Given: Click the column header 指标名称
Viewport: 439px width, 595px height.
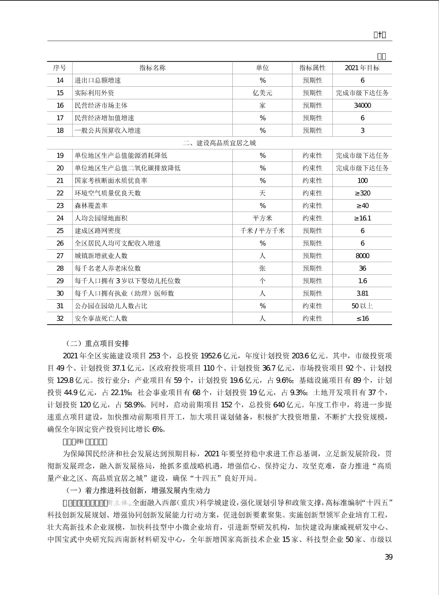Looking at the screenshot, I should tap(152, 68).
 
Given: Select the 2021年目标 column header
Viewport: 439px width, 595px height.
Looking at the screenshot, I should tap(362, 68).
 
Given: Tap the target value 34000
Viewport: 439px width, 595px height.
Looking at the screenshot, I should tap(362, 106).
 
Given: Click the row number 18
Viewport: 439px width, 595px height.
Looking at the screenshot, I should tap(60, 131).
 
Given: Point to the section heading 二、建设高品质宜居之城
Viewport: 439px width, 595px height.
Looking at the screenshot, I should tap(219, 143).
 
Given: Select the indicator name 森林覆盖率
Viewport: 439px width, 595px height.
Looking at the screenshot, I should tap(91, 206).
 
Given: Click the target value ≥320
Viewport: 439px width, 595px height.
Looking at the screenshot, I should tap(362, 193).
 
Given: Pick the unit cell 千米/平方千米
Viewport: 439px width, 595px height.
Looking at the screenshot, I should tap(262, 231).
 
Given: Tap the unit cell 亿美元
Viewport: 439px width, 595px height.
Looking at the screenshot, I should tap(262, 93).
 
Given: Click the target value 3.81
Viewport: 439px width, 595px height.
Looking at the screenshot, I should tap(362, 294).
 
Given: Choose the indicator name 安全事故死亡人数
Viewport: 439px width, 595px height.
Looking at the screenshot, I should tap(101, 319).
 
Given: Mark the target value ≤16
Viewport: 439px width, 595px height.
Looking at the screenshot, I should tap(362, 319).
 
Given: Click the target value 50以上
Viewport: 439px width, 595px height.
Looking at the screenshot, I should tap(362, 306).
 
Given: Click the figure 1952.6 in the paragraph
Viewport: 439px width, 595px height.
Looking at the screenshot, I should tap(211, 356).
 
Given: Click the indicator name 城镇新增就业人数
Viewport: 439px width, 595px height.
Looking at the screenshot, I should tap(101, 256).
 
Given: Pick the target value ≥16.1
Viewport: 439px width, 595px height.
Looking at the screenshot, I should tap(362, 218).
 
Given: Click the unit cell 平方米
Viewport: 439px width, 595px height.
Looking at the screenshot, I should tap(262, 218).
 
